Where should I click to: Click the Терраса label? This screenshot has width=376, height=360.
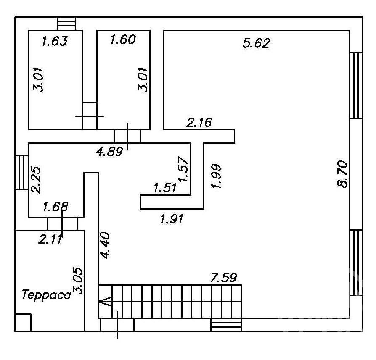click(x=47, y=294)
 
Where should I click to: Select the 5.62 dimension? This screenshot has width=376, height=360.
click(x=256, y=43)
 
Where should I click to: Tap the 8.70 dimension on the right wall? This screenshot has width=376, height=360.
click(x=342, y=174)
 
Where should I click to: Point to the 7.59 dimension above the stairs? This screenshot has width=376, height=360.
click(x=223, y=277)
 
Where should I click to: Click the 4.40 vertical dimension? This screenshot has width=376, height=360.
click(x=105, y=245)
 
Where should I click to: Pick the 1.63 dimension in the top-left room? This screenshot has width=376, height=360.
click(x=55, y=41)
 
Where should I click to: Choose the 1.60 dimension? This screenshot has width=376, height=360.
click(x=123, y=39)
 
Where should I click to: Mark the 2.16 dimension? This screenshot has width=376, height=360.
click(x=199, y=122)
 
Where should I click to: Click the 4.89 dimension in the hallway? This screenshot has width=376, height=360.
click(x=109, y=151)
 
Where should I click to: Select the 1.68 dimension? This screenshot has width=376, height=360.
click(x=56, y=207)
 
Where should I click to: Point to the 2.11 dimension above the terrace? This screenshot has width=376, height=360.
click(x=50, y=239)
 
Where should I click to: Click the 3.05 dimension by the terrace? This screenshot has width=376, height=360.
click(x=78, y=281)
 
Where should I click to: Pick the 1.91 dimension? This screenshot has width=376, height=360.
click(x=172, y=219)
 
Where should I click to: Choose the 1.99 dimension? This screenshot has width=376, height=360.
click(x=215, y=176)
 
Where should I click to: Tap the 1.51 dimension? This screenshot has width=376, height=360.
click(x=165, y=187)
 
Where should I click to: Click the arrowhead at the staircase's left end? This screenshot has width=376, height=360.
click(x=105, y=301)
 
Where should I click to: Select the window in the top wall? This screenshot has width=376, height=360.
click(x=67, y=24)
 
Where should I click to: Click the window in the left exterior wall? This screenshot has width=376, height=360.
click(x=22, y=173)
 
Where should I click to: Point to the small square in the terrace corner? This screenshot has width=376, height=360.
click(x=23, y=322)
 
